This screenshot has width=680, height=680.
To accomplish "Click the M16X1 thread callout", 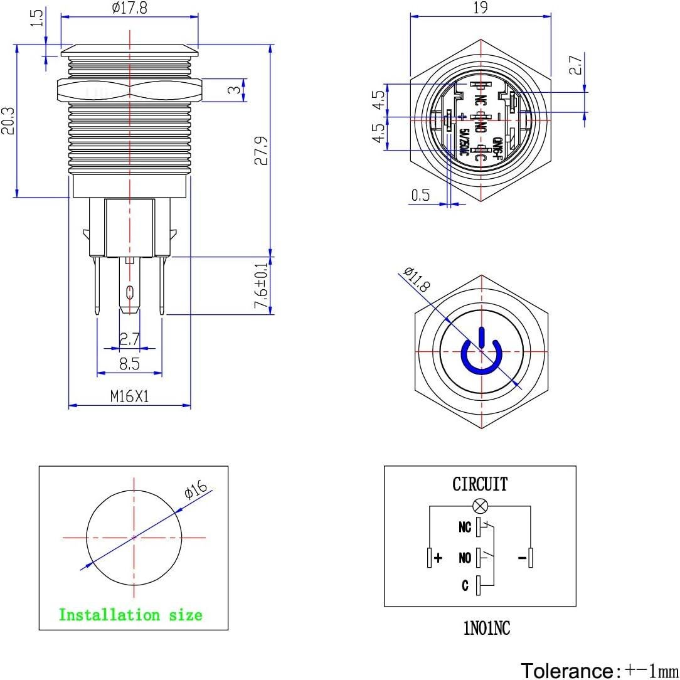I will click(x=129, y=396).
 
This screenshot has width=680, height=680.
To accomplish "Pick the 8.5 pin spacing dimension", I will click(x=130, y=364).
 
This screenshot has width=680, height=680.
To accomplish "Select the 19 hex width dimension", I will click(x=481, y=8).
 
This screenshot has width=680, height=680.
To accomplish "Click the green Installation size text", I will click(x=130, y=615).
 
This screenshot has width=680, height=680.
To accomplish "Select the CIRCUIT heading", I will click(x=480, y=484).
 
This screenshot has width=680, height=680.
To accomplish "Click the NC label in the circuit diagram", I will click(x=464, y=528).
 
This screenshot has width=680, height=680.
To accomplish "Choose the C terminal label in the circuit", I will click(x=465, y=586).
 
